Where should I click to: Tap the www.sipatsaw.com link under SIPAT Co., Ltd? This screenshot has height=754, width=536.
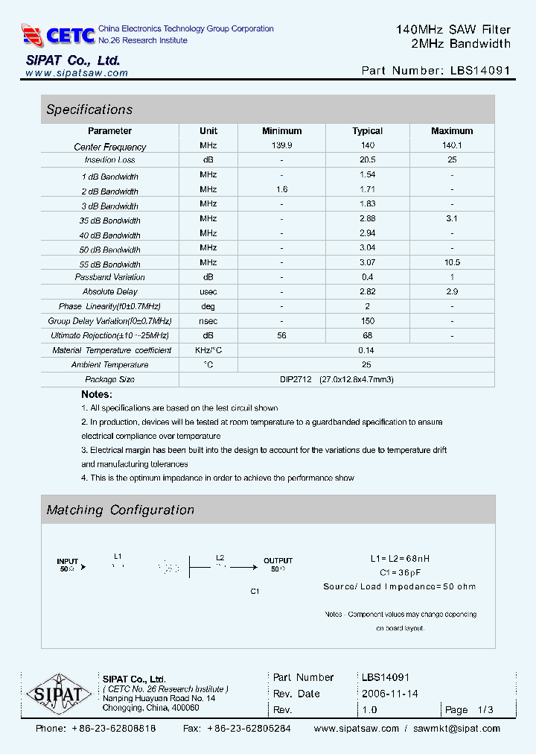[x=76, y=73]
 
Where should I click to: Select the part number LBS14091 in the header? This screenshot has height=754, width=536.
[x=480, y=71]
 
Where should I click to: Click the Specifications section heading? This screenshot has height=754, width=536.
[x=89, y=110]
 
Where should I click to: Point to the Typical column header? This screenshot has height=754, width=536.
[x=367, y=131]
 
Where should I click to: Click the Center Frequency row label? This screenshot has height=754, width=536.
[x=110, y=147]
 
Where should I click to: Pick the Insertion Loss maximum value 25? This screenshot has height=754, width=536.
[x=451, y=160]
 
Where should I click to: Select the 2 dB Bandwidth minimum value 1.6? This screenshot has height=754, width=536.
[x=281, y=190]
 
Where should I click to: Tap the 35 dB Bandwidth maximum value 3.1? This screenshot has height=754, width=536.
[x=451, y=219]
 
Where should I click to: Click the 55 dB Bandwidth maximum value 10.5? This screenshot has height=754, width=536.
[x=451, y=263]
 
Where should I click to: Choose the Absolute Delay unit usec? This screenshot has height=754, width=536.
[x=208, y=291]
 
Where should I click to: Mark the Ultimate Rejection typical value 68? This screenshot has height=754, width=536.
[x=367, y=336]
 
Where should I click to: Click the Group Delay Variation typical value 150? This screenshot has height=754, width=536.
[x=367, y=321]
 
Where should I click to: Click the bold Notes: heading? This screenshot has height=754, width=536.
[x=97, y=394]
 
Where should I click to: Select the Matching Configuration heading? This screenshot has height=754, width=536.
[x=120, y=510]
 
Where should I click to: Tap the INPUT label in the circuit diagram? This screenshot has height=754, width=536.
[x=68, y=561]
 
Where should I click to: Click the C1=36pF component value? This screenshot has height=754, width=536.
[x=400, y=572]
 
